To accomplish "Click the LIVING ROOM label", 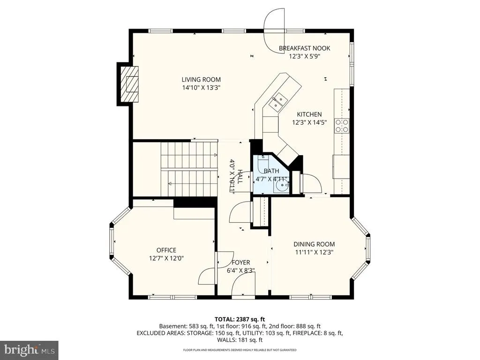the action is [201, 80].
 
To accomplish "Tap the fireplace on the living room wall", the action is [128, 84].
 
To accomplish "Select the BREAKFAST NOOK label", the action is [304, 48].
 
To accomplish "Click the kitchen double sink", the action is [278, 102].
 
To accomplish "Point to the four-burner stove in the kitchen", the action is [342, 126].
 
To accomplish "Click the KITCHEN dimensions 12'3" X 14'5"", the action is [309, 122].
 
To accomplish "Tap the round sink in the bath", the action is [281, 186].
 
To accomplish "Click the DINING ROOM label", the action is [314, 244].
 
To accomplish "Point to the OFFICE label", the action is [166, 250].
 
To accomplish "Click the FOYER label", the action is [240, 262].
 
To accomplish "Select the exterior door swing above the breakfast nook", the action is [275, 30].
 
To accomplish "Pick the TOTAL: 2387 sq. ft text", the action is [240, 320].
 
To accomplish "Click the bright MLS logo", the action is [29, 349].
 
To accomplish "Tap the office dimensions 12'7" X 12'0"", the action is [166, 258].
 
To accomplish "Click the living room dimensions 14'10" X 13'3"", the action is [201, 88].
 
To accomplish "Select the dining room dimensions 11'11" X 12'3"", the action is [314, 252].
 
